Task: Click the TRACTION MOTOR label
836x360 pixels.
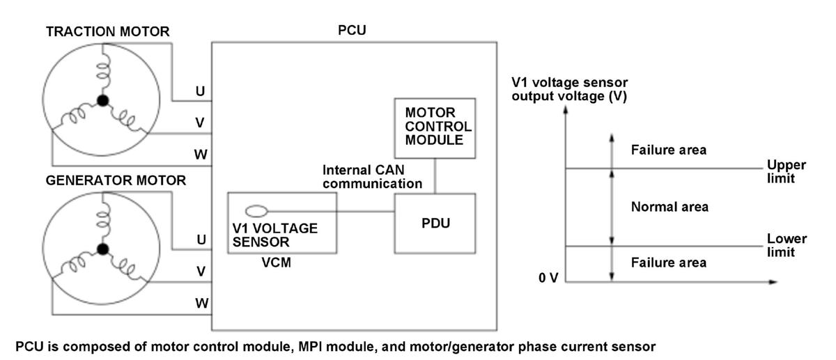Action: pos(107,31)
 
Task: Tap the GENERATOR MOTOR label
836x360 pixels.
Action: pos(116,180)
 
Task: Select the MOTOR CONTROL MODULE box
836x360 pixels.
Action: pos(435,128)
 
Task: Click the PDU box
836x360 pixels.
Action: pos(435,224)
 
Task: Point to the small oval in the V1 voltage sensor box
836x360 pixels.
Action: pos(256,212)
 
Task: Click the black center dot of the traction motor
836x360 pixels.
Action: pos(102,100)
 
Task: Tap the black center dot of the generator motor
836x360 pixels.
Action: pos(102,249)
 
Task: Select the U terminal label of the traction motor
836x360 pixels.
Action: pos(201,91)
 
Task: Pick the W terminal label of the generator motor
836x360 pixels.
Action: pos(201,303)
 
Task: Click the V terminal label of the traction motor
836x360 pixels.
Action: pos(200,123)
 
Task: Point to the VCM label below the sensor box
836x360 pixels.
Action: pos(276,263)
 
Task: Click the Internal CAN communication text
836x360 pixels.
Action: pos(372,177)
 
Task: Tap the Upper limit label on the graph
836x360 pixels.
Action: pos(786,171)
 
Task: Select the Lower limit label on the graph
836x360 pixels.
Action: pos(787,246)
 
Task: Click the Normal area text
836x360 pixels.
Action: pos(669,207)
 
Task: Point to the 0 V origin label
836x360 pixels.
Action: pos(548,278)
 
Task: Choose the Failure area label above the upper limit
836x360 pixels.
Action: pos(668,150)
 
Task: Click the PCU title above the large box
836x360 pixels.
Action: pos(352,30)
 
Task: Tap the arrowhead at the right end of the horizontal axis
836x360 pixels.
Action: pos(773,282)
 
